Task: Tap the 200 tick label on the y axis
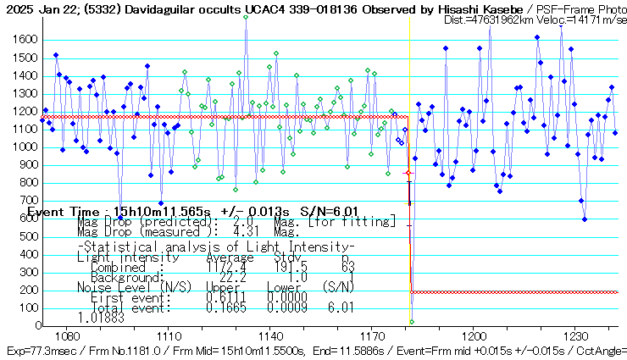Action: coord(27,290)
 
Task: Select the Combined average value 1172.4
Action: coord(226,267)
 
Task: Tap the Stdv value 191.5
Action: coord(291,267)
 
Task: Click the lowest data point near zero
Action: coord(412,322)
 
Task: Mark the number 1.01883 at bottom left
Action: coord(100,318)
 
